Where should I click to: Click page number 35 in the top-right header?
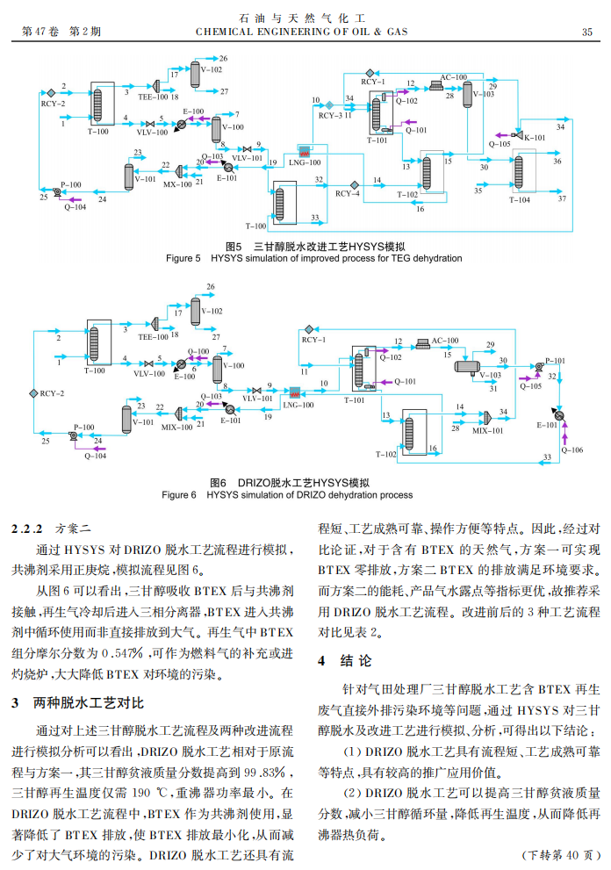586,32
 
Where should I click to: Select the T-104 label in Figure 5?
520,200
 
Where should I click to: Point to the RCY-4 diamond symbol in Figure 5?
354,184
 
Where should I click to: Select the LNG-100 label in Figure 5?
305,162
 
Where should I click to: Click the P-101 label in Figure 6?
555,360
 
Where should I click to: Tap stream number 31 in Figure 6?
493,388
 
